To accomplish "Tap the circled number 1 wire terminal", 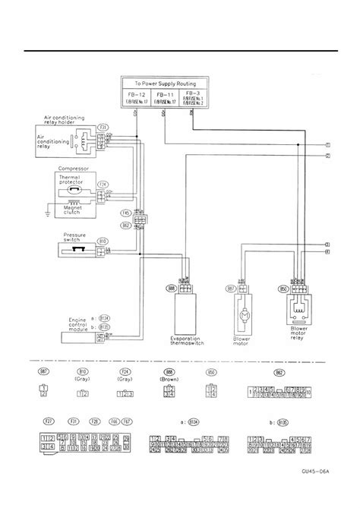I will pos(327,144).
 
